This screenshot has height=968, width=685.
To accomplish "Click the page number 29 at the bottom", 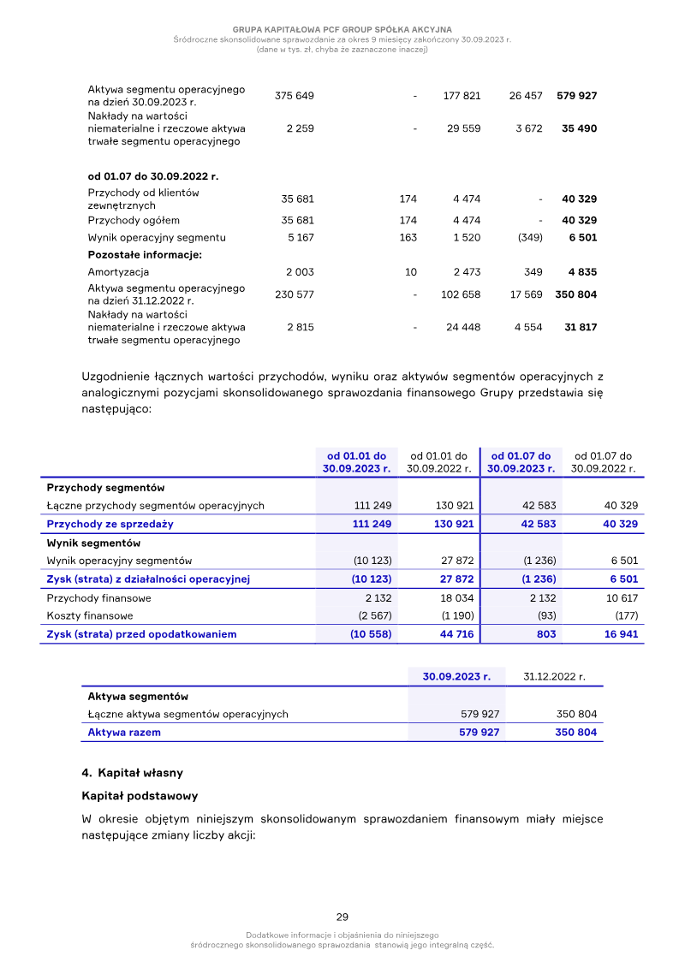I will (342, 917).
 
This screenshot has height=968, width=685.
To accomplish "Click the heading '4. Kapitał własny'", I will (132, 773).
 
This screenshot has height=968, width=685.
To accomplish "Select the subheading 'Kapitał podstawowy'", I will (140, 796).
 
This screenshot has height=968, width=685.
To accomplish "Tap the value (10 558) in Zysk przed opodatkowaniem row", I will (371, 634).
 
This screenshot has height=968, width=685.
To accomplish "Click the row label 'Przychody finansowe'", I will (98, 598).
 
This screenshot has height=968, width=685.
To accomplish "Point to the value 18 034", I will (454, 598).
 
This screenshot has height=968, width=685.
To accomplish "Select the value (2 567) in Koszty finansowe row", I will (373, 615).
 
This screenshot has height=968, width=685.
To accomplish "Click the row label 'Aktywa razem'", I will (124, 733).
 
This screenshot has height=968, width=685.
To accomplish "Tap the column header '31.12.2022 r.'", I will (554, 676).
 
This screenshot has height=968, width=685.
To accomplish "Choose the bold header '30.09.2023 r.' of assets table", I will (456, 676).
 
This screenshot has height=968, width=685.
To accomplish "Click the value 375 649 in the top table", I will (294, 96).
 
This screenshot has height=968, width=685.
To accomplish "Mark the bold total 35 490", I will (579, 128).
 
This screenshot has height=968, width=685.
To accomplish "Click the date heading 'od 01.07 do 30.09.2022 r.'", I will (153, 176).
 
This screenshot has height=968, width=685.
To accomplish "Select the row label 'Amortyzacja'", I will (118, 272).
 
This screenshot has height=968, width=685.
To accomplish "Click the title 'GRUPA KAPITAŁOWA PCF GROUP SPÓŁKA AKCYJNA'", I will (342, 29).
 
